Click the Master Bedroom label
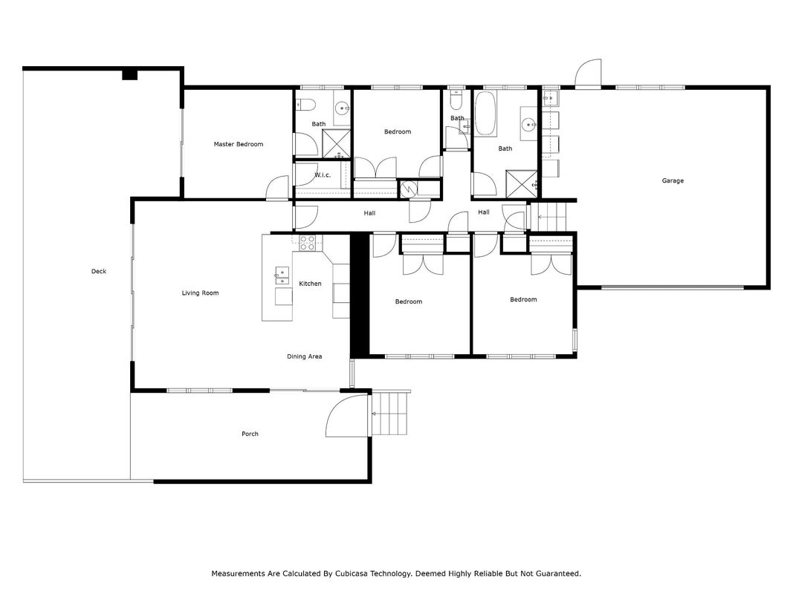point(239,145)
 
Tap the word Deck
point(99,271)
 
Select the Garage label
point(673,180)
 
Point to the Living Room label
point(200,293)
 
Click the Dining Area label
point(305,356)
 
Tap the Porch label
point(250,434)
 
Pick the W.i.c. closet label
point(323,175)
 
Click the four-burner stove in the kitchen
point(307,243)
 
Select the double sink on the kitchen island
point(282,275)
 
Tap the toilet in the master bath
point(306,105)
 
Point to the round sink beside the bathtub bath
point(529,124)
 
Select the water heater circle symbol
point(408,189)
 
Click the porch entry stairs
point(390,412)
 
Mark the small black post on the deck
point(130,75)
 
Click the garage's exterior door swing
point(589,74)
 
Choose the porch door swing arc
point(347,415)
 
